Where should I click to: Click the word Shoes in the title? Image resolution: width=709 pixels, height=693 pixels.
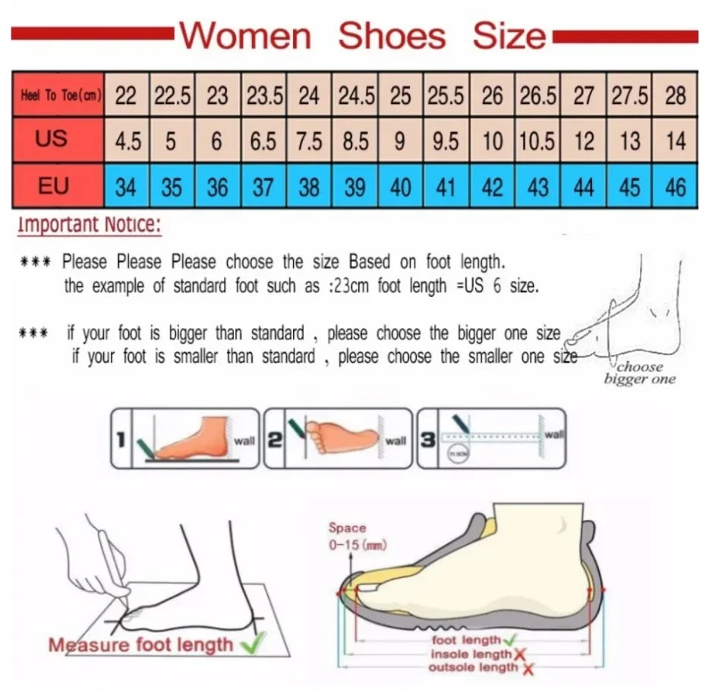click(x=391, y=36)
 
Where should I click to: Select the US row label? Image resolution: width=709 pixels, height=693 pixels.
click(x=51, y=138)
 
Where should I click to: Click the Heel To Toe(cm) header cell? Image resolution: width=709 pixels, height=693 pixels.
click(x=57, y=96)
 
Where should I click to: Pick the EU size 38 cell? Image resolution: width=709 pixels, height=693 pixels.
click(x=309, y=187)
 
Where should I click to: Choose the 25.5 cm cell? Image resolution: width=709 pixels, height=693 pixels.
click(x=446, y=96)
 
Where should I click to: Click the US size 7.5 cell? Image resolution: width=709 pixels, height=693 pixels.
click(x=309, y=141)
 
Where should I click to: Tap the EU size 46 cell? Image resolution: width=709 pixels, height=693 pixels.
click(x=676, y=187)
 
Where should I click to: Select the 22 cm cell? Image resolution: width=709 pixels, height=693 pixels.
click(x=126, y=96)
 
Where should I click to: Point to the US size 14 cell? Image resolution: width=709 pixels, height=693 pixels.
click(x=676, y=141)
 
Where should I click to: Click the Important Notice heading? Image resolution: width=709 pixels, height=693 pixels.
click(x=90, y=225)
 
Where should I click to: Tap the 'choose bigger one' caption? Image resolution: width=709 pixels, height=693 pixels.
click(x=639, y=373)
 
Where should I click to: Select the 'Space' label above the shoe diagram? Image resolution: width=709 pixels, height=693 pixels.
click(x=347, y=528)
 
